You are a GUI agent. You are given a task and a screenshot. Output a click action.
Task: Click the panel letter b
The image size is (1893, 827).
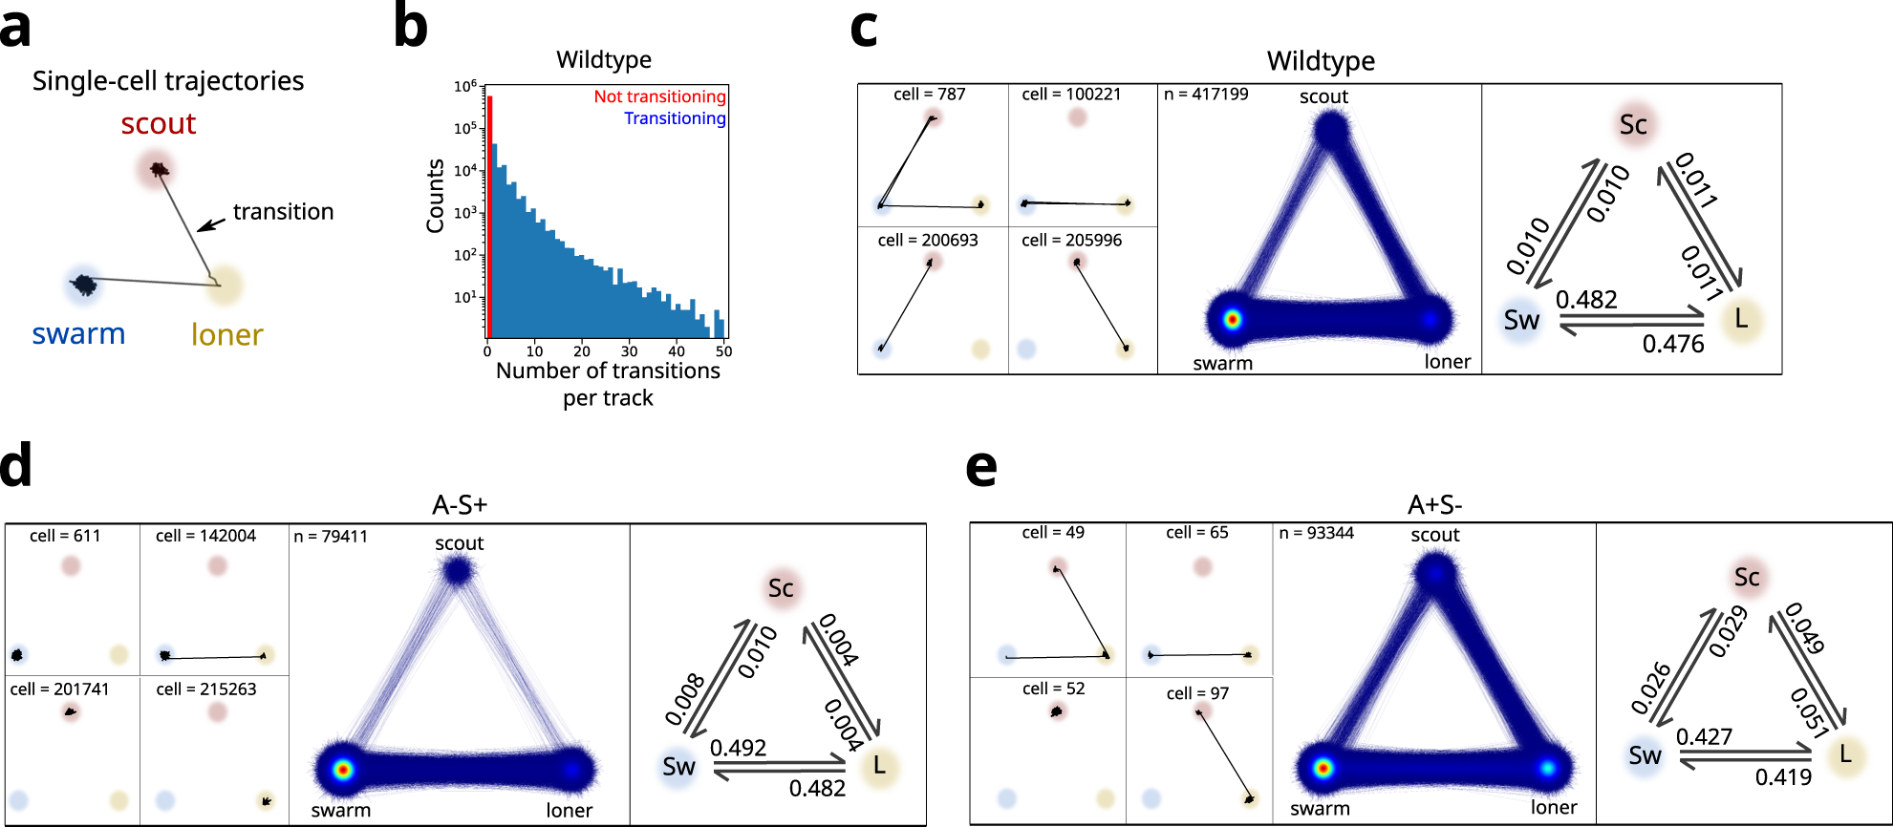tap(411, 28)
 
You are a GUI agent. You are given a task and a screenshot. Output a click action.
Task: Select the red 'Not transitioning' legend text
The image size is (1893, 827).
tap(659, 96)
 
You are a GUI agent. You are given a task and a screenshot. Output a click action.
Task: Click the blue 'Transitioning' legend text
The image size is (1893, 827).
tap(675, 118)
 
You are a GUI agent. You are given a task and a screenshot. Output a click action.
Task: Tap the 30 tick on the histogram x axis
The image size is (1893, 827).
tap(629, 351)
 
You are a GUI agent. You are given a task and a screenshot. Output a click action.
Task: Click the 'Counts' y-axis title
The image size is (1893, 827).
tap(436, 196)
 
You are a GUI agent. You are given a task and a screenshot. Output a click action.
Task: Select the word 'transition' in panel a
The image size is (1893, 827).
tap(283, 212)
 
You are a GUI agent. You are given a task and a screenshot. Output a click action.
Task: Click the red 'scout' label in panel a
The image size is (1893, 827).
tap(158, 124)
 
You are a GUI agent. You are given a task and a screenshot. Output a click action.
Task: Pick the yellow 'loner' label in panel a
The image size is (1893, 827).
tap(226, 335)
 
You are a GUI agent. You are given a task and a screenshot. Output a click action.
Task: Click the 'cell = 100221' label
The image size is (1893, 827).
tap(1071, 95)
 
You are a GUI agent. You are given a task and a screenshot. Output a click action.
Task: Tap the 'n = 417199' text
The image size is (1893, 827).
tap(1206, 95)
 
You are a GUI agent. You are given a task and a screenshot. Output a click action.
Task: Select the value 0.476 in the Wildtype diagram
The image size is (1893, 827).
tap(1672, 344)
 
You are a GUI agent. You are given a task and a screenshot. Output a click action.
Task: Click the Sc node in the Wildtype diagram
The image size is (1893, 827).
tap(1633, 125)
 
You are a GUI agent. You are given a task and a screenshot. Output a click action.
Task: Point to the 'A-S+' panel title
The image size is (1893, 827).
tap(460, 504)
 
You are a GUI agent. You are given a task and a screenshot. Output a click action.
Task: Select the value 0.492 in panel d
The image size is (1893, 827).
tap(738, 748)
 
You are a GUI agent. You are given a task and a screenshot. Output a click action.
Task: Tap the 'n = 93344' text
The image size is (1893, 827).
tap(1316, 533)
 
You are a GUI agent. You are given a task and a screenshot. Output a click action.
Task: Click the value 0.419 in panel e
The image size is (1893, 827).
tap(1783, 777)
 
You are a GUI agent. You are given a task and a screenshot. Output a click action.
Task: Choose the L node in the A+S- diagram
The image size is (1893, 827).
tap(1845, 754)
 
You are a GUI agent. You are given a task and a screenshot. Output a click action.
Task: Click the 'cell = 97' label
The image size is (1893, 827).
tap(1197, 694)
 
